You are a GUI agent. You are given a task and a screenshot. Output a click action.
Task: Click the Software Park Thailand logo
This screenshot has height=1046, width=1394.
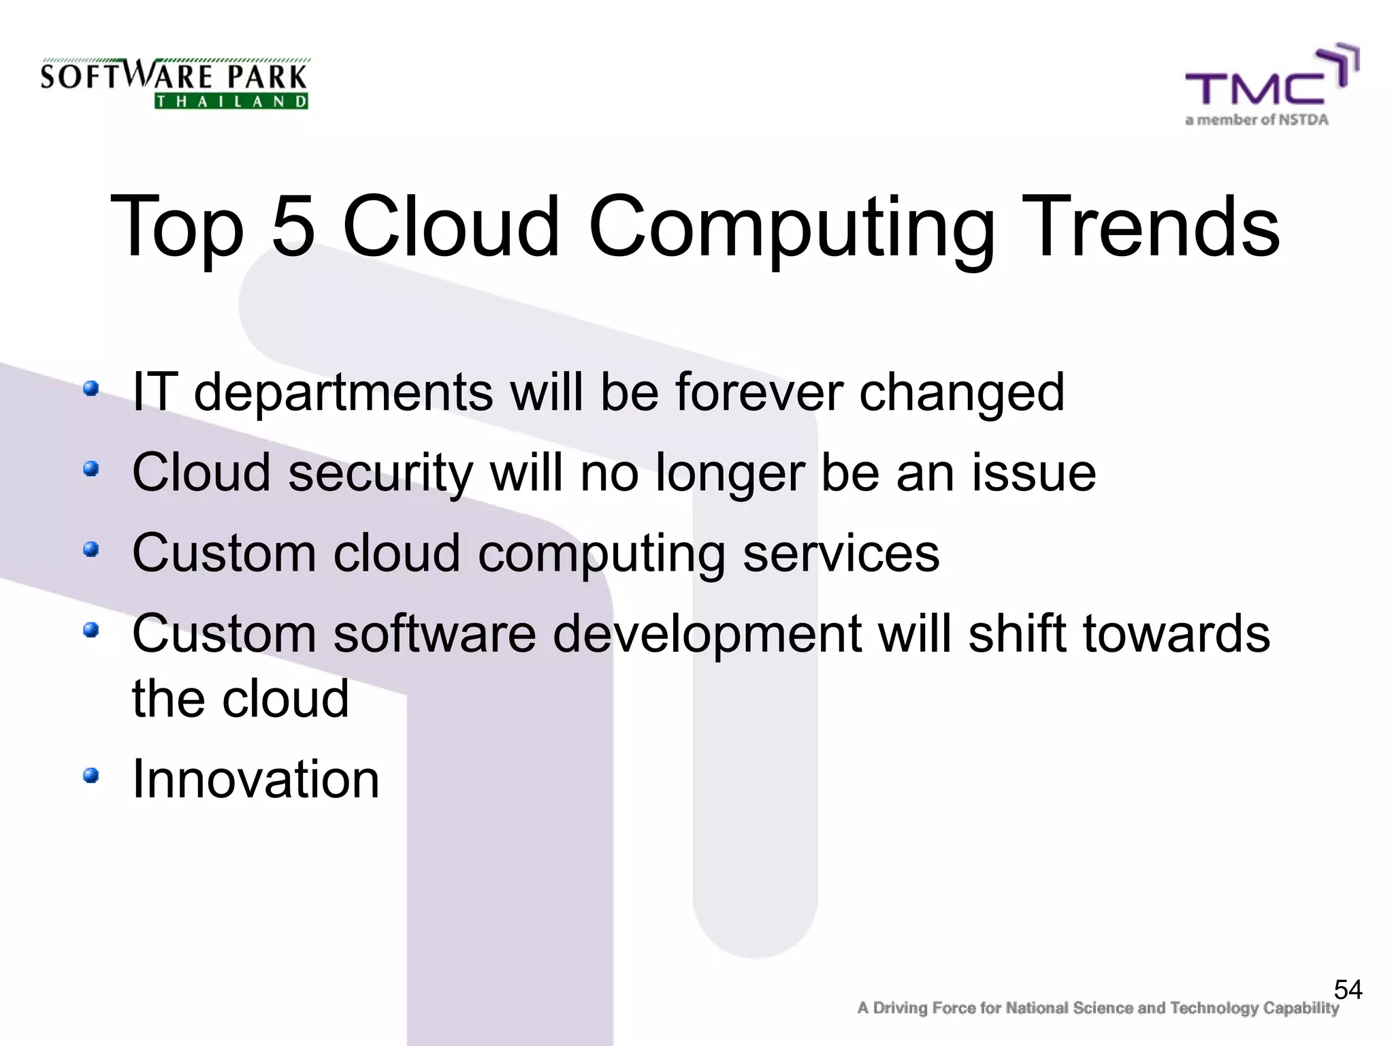174,83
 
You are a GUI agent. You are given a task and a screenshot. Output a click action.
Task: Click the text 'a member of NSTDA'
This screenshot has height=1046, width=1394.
1257,121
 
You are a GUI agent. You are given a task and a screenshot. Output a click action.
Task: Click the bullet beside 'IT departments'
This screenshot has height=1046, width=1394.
91,389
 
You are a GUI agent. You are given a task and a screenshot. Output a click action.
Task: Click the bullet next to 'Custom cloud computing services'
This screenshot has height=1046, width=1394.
91,549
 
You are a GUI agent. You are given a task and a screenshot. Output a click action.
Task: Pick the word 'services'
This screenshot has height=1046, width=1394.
841,553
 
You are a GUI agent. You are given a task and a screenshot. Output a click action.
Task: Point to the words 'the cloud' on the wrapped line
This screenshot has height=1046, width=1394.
240,699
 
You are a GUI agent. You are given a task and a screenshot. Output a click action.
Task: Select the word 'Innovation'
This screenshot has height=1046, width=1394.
255,779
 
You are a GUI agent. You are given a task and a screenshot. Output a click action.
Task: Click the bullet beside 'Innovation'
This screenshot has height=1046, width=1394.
91,775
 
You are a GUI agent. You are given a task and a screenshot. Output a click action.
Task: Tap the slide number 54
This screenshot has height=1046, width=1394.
1348,989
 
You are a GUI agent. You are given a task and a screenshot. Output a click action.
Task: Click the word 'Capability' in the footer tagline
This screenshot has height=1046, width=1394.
1301,1008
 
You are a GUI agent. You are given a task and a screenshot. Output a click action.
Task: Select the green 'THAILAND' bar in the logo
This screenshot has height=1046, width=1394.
231,101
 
